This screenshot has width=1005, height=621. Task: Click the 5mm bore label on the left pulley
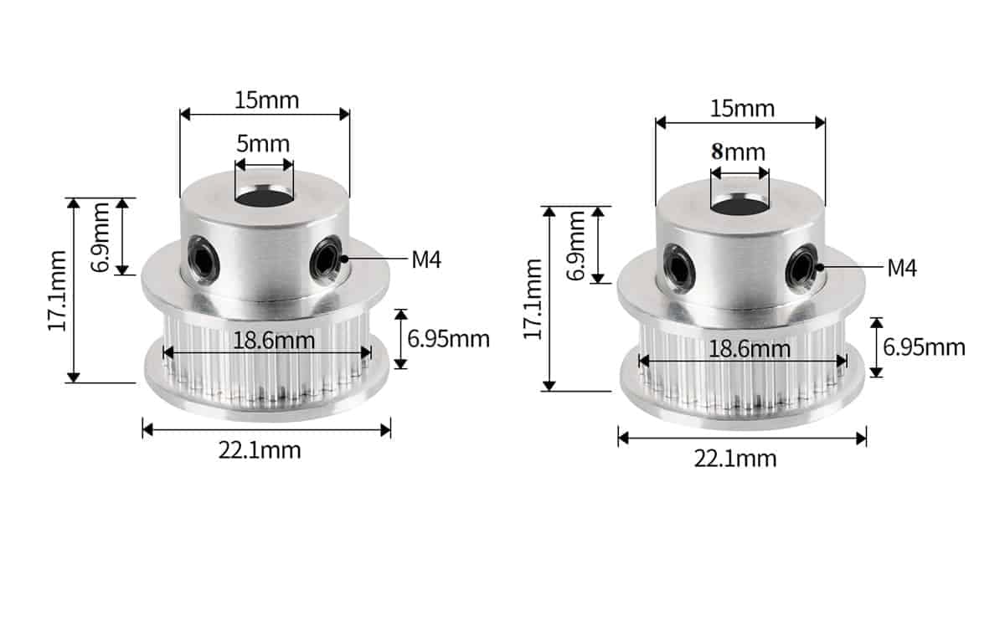(x=263, y=144)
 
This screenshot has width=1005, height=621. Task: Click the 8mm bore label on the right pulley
(x=738, y=152)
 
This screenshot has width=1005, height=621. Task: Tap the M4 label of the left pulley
(x=426, y=259)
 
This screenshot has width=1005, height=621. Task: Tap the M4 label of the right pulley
(x=902, y=268)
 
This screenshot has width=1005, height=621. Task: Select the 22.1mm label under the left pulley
(x=260, y=450)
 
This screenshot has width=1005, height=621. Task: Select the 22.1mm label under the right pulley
(x=735, y=459)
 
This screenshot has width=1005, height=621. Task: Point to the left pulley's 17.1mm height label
(x=58, y=290)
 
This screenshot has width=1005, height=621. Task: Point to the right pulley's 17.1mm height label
(x=533, y=299)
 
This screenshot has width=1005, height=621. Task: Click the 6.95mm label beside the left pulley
(x=449, y=339)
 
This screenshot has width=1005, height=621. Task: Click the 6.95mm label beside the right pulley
(x=925, y=347)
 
